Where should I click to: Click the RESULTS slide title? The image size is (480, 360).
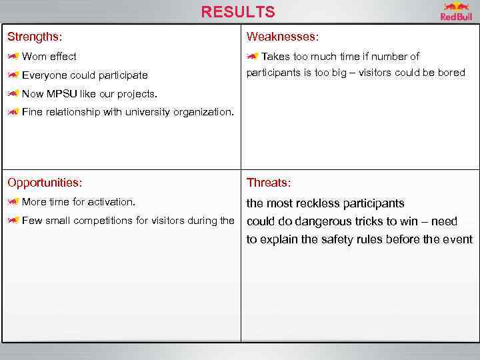click(237, 12)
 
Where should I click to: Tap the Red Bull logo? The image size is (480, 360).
click(456, 12)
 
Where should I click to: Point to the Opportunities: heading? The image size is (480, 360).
click(45, 183)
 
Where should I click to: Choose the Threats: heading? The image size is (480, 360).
click(269, 183)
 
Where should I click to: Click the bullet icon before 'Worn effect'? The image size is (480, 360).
click(13, 57)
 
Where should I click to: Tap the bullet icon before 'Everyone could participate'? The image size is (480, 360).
click(13, 75)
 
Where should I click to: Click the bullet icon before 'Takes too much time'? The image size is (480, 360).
click(253, 57)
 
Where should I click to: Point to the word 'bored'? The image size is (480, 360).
click(451, 73)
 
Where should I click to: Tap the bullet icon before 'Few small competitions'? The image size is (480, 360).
click(13, 221)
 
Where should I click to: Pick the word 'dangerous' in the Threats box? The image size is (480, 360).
click(316, 221)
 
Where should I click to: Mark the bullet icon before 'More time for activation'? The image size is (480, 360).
click(13, 201)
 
